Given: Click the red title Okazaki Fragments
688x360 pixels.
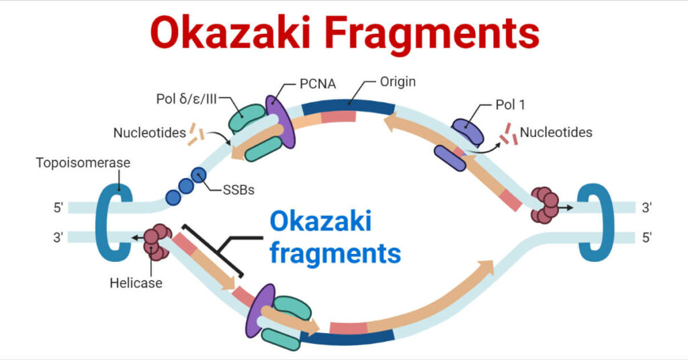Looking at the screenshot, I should point(344,34).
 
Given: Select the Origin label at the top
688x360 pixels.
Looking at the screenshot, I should point(397,82).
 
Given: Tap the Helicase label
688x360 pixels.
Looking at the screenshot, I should point(136,283).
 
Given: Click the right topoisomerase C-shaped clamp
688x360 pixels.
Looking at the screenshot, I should point(595,218).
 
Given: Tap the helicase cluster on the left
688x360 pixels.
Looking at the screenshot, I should point(157,242).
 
